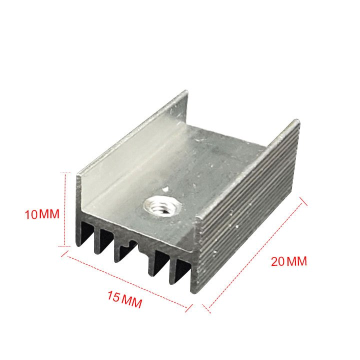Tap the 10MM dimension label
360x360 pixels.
[42, 214]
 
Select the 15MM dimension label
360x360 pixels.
[125, 299]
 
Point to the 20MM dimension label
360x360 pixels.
[289, 261]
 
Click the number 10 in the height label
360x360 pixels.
[31, 214]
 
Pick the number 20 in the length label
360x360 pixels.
[278, 261]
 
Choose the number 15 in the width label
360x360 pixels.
[113, 296]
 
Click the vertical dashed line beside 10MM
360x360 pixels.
[65, 209]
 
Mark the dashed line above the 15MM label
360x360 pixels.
[128, 281]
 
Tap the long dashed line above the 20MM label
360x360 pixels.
[255, 255]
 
